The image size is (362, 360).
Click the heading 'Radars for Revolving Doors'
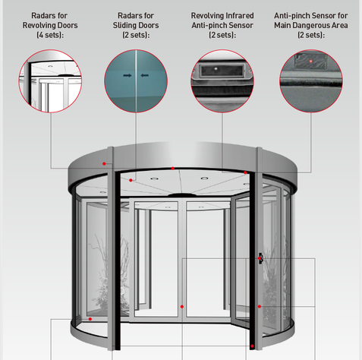pyautogui.click(x=50, y=21)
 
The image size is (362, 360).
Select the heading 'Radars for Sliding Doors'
pyautogui.click(x=136, y=21)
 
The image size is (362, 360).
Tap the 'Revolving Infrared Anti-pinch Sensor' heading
pyautogui.click(x=222, y=21)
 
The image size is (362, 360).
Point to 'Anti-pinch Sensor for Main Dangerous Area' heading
pyautogui.click(x=311, y=21)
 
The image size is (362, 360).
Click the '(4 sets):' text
pyautogui.click(x=50, y=35)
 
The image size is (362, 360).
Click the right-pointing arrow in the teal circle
pyautogui.click(x=127, y=75)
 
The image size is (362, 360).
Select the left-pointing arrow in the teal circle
pyautogui.click(x=144, y=75)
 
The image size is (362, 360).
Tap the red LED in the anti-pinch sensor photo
pyautogui.click(x=311, y=62)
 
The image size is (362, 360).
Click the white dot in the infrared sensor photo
pyautogui.click(x=216, y=68)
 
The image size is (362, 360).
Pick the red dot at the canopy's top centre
pyautogui.click(x=173, y=169)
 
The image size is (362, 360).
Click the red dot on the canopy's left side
pyautogui.click(x=104, y=164)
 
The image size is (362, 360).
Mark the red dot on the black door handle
pyautogui.click(x=260, y=258)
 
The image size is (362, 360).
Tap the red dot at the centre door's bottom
pyautogui.click(x=182, y=307)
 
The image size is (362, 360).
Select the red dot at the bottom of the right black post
pyautogui.click(x=252, y=346)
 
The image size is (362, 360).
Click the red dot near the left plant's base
pyautogui.click(x=90, y=319)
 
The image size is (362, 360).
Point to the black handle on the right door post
pyautogui.click(x=260, y=258)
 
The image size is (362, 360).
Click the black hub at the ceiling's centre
pyautogui.click(x=182, y=195)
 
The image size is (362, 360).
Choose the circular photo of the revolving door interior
pyautogui.click(x=50, y=81)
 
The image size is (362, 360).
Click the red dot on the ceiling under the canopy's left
pyautogui.click(x=131, y=180)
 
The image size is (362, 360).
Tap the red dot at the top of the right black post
pyautogui.click(x=245, y=172)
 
